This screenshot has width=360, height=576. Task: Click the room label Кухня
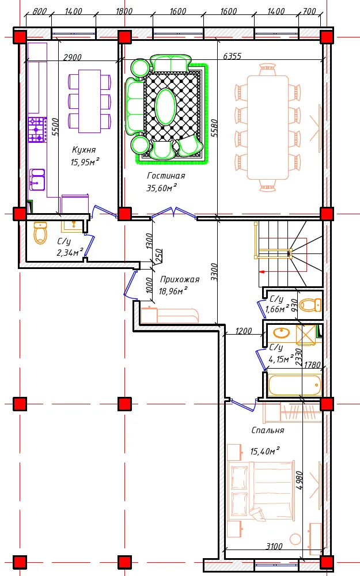(x=84, y=150)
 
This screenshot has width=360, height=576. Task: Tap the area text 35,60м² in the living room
(x=162, y=188)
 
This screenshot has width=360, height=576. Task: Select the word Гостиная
(x=166, y=176)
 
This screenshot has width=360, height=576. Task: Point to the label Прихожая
(x=180, y=279)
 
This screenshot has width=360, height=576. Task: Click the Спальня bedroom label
(x=268, y=430)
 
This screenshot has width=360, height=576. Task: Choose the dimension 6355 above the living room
(x=232, y=56)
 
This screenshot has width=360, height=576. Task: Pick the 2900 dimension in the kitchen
(x=73, y=57)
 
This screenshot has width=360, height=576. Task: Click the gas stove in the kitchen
(x=37, y=130)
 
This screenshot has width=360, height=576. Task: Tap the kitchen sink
(x=37, y=180)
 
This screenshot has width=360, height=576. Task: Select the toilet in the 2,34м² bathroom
(x=40, y=233)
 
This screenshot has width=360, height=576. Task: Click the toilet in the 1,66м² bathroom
(x=310, y=305)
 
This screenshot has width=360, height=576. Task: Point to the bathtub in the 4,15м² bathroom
(x=294, y=385)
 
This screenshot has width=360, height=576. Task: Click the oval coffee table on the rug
(x=165, y=107)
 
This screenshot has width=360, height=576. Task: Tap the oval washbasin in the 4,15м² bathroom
(x=282, y=333)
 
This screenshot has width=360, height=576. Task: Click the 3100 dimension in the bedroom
(x=274, y=546)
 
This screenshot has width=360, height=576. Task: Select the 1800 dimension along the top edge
(x=124, y=11)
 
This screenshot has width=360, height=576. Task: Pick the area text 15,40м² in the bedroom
(x=265, y=451)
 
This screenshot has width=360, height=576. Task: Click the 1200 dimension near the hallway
(x=244, y=331)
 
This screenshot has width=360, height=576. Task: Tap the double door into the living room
(x=174, y=213)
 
